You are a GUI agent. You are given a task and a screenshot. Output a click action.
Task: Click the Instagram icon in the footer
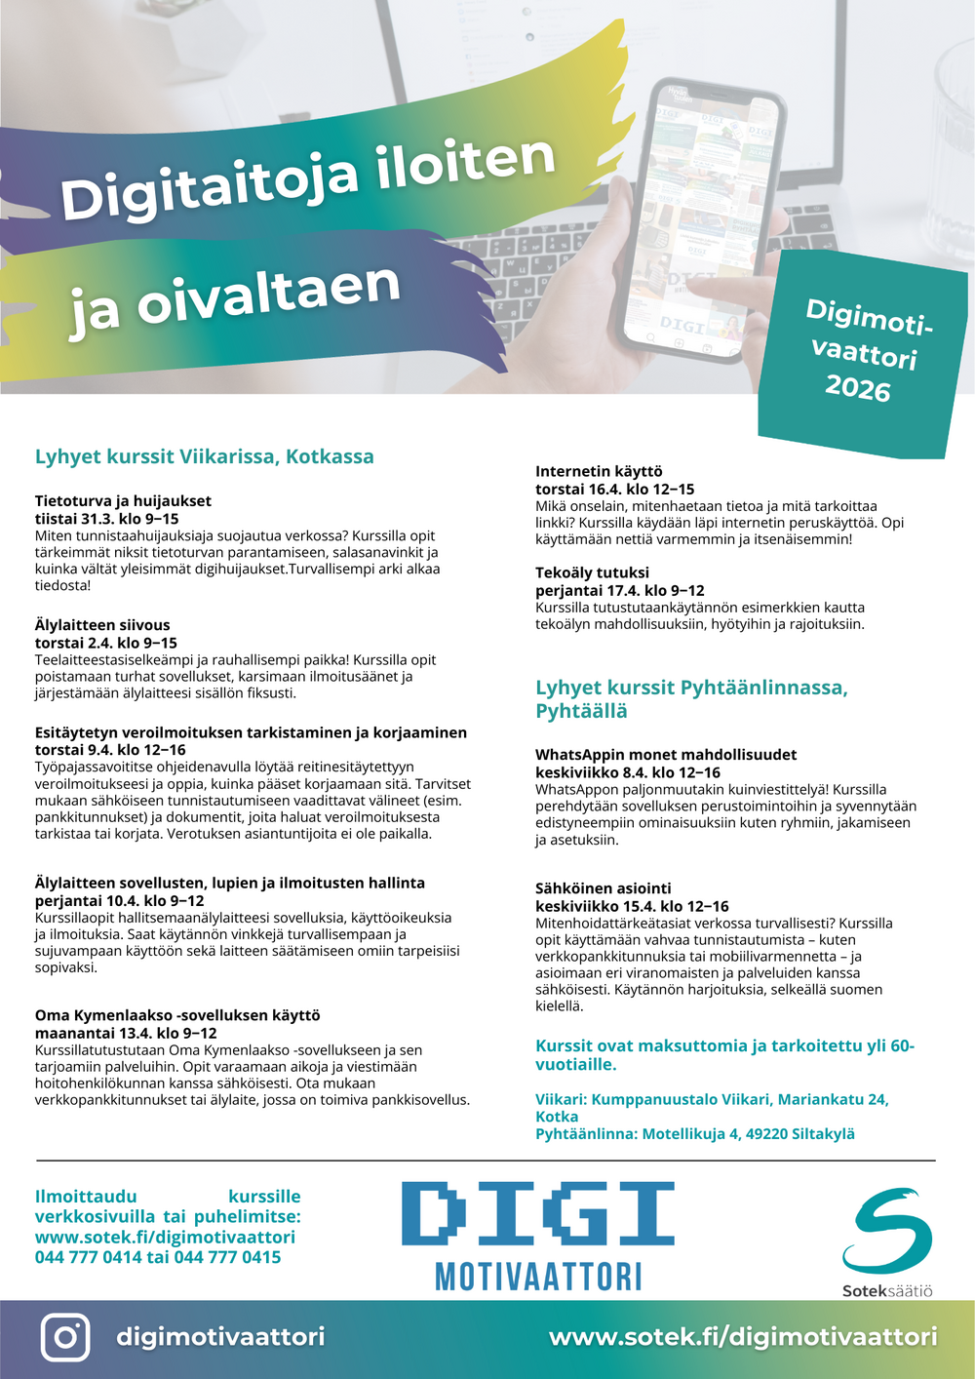click(65, 1336)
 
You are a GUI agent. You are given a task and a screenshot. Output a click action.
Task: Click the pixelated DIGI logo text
click(538, 1214)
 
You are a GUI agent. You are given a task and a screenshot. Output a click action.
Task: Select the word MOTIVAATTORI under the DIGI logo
click(538, 1276)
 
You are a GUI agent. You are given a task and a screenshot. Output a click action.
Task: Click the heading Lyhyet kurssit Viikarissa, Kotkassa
click(205, 456)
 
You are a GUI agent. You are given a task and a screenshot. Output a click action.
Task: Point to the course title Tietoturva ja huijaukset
click(123, 501)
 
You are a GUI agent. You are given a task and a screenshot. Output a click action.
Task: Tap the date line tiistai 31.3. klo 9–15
click(107, 519)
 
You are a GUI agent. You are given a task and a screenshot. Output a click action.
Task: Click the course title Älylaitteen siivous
click(102, 625)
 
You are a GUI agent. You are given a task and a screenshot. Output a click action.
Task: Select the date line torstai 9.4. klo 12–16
click(110, 750)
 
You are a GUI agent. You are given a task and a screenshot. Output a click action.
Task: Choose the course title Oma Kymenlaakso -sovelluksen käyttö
click(177, 1015)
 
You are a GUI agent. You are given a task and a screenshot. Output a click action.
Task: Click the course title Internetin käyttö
click(599, 471)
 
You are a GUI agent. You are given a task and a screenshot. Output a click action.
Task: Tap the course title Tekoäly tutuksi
click(592, 572)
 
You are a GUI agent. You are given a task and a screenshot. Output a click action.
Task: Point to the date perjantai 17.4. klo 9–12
click(620, 590)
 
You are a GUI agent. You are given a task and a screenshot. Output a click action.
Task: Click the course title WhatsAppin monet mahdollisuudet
click(666, 755)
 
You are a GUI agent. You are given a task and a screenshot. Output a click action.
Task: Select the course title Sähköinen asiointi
click(604, 888)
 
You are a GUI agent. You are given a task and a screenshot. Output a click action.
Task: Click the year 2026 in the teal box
click(858, 388)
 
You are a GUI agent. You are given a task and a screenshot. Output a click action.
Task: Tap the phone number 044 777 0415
click(228, 1257)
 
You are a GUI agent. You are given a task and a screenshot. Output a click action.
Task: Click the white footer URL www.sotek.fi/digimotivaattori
click(743, 1336)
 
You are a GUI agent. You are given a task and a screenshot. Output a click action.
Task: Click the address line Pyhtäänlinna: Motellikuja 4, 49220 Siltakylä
click(695, 1133)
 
